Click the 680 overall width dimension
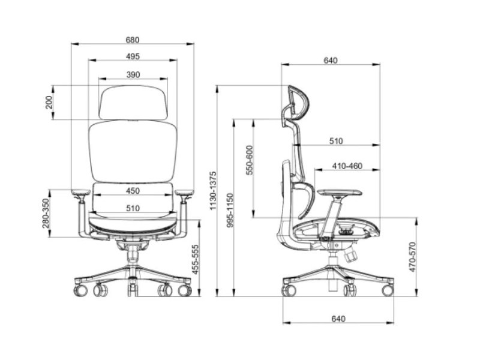(x=133, y=40)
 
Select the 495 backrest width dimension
(x=133, y=56)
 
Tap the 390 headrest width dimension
(x=133, y=74)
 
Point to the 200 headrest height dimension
(x=49, y=103)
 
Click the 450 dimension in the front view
(x=133, y=191)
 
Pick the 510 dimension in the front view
(x=133, y=208)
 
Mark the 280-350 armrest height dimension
(x=46, y=214)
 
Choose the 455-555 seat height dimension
(x=195, y=259)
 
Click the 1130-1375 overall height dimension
(x=213, y=191)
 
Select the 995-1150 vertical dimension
(x=230, y=211)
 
